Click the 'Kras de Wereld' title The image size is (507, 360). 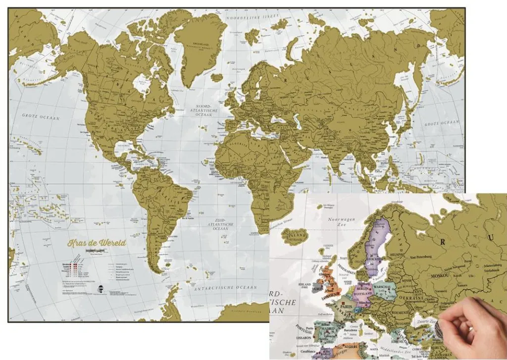coord(97,243)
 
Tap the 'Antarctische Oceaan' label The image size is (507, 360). coord(225,288)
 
